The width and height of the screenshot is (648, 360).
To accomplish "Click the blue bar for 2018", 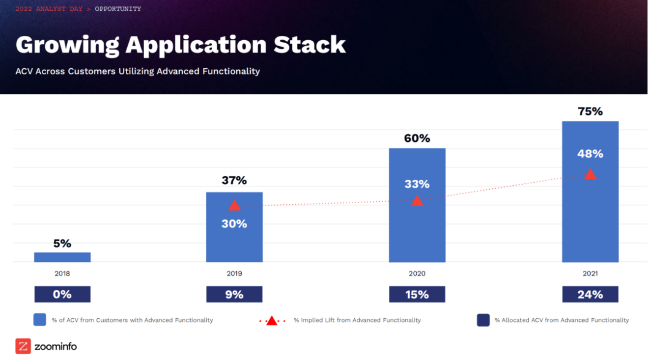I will [62, 257].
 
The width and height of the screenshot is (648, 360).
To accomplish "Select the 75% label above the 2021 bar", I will [590, 111].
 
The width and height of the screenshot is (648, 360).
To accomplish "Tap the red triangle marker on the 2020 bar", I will [417, 200].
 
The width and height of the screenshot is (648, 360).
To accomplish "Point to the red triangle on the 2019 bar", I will [234, 206].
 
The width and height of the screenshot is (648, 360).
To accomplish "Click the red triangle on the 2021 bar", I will [590, 174].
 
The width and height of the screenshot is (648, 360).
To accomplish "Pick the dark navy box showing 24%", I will [590, 294].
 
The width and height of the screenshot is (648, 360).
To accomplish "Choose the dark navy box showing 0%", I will [62, 294].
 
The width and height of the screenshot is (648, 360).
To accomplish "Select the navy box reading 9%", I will [234, 294].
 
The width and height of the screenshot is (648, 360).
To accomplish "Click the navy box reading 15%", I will [417, 294].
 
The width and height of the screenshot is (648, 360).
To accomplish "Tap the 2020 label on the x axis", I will [417, 274].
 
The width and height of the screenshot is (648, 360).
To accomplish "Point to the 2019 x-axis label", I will [234, 274].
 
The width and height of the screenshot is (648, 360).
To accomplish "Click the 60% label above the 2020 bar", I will [417, 138].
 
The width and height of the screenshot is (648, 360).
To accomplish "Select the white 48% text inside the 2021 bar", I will [590, 154].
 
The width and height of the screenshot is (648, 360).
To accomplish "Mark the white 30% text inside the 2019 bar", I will [234, 224].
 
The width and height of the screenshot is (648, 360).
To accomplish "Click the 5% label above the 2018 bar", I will [62, 243].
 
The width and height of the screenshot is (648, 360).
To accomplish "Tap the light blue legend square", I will [40, 320].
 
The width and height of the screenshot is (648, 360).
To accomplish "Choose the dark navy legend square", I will [483, 320].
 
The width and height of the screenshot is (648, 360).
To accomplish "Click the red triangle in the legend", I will [272, 321].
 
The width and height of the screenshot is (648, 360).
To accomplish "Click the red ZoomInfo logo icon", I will [23, 346].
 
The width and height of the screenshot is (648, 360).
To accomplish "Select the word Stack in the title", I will [310, 45].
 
